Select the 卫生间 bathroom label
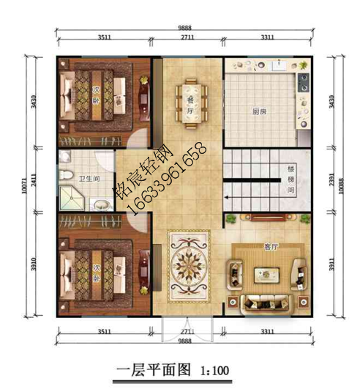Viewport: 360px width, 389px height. (x=89, y=178)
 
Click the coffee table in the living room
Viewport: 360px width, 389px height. (x=264, y=275)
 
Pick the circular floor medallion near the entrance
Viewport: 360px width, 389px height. (x=188, y=261)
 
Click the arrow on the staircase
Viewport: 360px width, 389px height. (x=228, y=197)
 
